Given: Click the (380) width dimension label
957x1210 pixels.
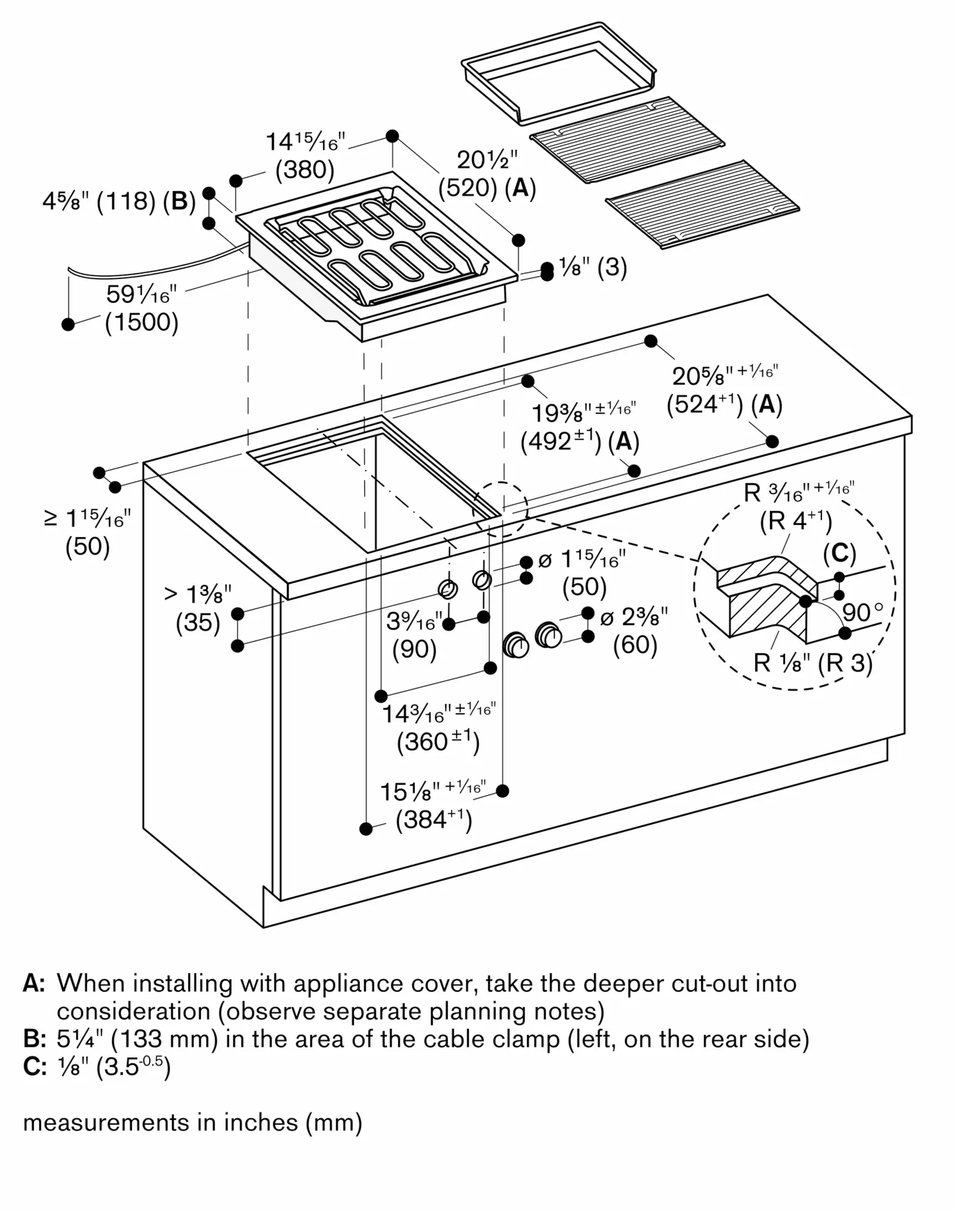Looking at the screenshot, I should coord(305,170).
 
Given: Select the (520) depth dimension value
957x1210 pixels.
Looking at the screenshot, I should coord(467,188).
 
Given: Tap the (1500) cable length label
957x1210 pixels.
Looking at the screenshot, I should coord(142,322).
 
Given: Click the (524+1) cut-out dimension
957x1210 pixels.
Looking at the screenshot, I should coord(704,404).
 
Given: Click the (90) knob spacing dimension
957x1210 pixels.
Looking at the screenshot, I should coord(414,649).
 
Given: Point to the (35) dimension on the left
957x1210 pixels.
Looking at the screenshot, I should coord(198,623).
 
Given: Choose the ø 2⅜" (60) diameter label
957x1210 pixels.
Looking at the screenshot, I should coord(635,631).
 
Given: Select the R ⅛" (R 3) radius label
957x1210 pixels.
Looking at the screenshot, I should coord(812,664).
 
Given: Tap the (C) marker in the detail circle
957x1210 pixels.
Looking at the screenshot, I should coord(839,553).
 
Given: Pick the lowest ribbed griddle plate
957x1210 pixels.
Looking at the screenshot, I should coord(702,204).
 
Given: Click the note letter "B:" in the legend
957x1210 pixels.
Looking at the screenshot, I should coord(34,1039).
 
